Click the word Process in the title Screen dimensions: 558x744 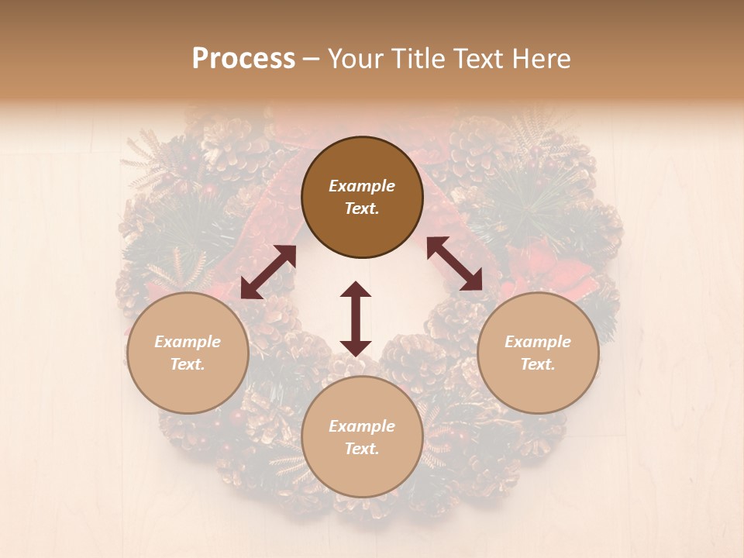pos(243,59)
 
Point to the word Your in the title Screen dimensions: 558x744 pos(356,59)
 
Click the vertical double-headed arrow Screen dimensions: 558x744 pos(356,318)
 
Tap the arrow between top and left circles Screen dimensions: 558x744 pos(268,272)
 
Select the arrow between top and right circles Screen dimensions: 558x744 pos(454,263)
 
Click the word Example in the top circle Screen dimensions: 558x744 pos(362,186)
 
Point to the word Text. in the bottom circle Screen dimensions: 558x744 pos(362,449)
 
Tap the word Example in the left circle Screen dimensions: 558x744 pos(188,342)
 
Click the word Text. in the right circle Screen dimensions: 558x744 pos(538,364)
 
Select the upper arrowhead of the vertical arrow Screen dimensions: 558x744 pos(356,289)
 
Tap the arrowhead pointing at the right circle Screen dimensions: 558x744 pos(473,282)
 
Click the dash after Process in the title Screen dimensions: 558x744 pos(312,59)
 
